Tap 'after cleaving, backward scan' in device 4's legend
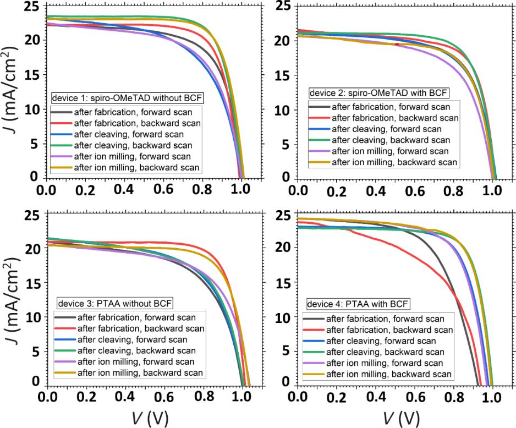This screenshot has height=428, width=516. click(385, 352)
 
